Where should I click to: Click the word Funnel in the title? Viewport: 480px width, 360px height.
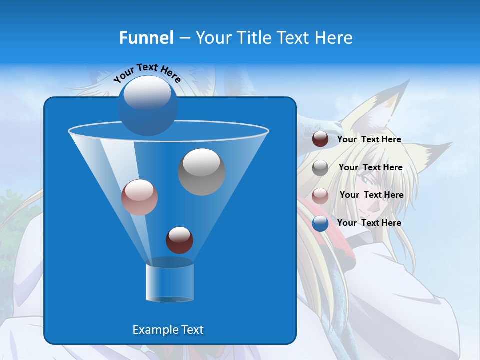146,37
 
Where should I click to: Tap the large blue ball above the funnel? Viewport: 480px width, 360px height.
148,105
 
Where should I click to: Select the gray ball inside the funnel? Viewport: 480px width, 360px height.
202,172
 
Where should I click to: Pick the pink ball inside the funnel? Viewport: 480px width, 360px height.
139,197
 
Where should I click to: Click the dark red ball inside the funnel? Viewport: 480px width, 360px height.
179,240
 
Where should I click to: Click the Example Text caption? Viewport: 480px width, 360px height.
168,330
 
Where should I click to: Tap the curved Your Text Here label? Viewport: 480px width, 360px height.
147,73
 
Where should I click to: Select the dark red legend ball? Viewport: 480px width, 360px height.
320,139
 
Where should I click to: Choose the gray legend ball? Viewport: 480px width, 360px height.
320,168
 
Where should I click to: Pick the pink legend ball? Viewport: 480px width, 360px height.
320,196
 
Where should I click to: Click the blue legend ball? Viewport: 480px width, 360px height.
320,223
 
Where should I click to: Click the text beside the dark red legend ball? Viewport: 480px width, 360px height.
369,140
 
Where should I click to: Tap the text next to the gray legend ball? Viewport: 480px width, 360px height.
370,168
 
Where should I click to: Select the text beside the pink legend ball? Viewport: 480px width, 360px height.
371,195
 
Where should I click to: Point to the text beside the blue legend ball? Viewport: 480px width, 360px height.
369,223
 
